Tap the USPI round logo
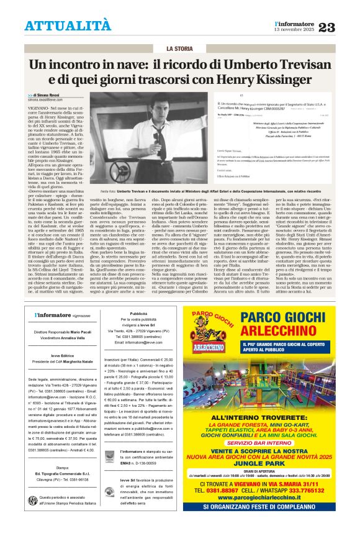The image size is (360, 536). coord(33,500)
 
